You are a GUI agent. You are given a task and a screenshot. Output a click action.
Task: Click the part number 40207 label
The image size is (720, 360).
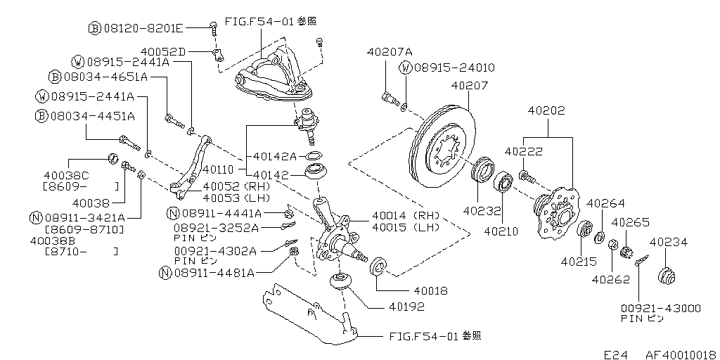[x=469, y=86]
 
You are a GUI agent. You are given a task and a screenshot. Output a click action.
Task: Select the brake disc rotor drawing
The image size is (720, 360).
[x=441, y=146]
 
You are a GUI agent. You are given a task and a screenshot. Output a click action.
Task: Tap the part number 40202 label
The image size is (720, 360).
[x=546, y=110]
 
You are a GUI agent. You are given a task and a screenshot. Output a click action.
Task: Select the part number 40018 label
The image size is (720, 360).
[x=432, y=290]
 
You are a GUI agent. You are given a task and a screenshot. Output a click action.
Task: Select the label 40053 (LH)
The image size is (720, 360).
[x=231, y=199]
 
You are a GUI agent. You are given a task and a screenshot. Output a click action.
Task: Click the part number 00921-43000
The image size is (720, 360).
[x=660, y=308]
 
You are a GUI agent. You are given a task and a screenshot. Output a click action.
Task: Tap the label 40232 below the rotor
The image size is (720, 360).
[x=481, y=210]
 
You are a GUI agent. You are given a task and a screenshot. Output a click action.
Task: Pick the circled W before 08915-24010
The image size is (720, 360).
[x=405, y=68]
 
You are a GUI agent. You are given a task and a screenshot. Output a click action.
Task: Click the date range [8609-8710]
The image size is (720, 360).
[x=84, y=229]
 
